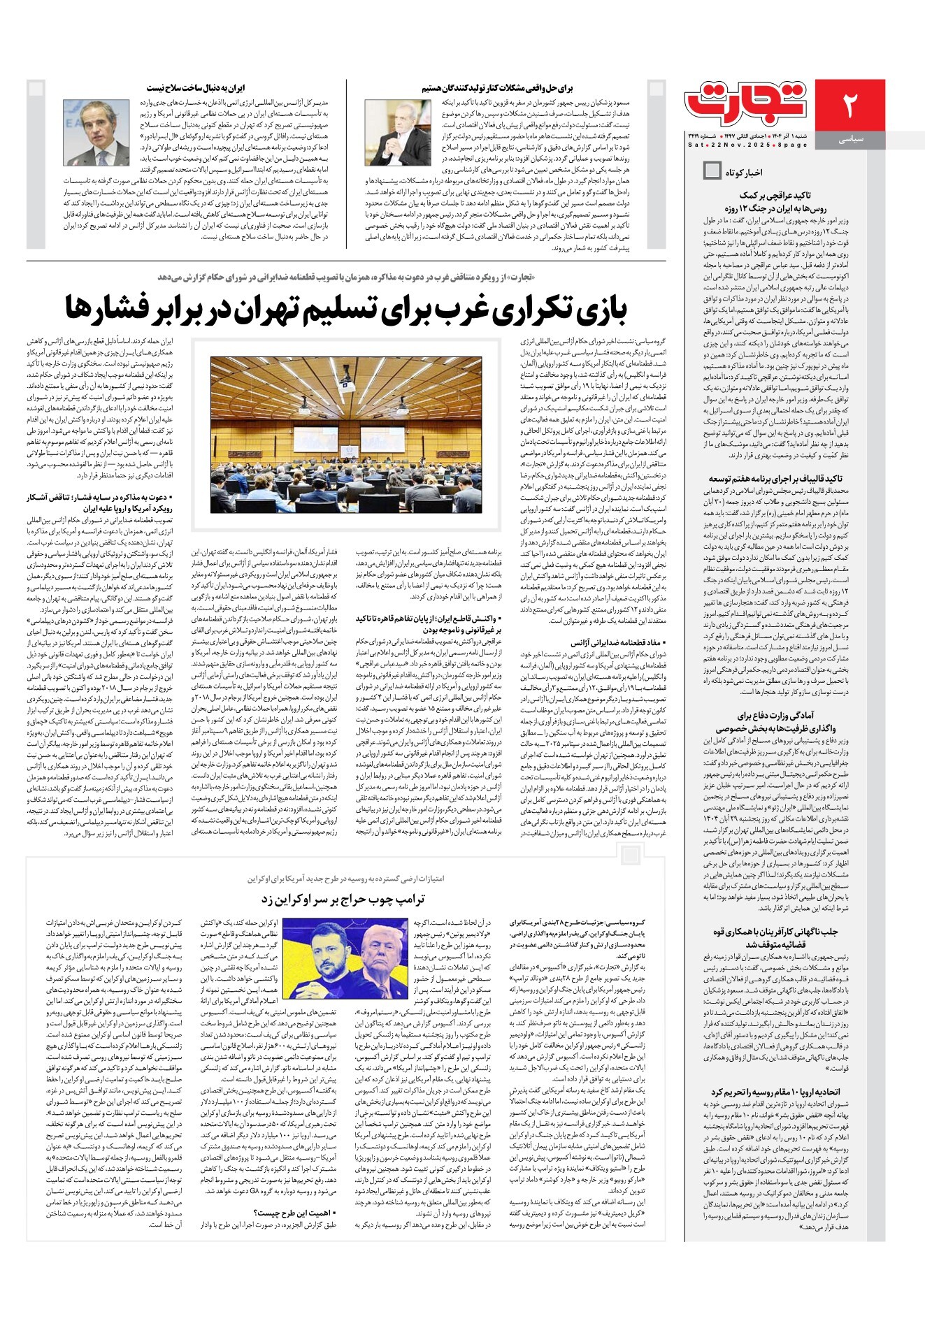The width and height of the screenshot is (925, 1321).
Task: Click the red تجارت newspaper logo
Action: coord(747,104)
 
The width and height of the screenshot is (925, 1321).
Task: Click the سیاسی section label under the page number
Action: coord(850,140)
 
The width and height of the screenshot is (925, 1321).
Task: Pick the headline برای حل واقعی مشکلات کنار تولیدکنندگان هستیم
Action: coord(497,89)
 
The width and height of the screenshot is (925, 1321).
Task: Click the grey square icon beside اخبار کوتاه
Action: coord(712,171)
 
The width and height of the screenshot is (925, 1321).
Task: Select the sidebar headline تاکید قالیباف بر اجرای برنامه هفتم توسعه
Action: coord(775,479)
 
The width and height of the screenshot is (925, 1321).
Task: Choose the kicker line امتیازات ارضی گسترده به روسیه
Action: coord(346,878)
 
